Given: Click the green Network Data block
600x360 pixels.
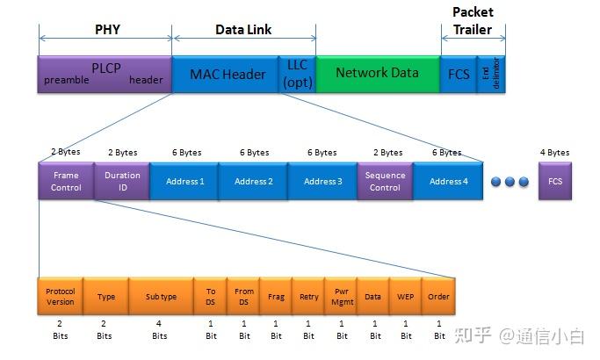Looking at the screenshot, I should click(377, 74).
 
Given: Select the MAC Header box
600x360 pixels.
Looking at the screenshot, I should click(226, 74).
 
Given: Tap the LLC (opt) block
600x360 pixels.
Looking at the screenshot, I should click(296, 74).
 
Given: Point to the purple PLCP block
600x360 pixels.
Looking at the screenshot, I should click(105, 74).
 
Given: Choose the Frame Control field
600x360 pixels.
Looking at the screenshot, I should click(66, 181).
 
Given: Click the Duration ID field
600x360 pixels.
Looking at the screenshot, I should click(122, 181).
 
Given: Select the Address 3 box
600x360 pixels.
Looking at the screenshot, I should click(322, 181).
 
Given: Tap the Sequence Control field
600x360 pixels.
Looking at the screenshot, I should click(385, 181).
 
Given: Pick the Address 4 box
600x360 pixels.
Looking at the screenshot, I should click(448, 181).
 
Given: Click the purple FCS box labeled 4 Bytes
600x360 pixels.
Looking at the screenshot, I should click(554, 181).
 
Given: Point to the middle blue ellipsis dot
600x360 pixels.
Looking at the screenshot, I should click(509, 182).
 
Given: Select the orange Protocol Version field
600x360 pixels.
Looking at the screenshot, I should click(61, 297).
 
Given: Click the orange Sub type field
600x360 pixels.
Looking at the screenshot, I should click(161, 297).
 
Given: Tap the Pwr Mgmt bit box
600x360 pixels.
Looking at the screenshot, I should click(341, 297).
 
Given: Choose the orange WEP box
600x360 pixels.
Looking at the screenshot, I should click(405, 297).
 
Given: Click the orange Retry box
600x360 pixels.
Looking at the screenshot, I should click(308, 297).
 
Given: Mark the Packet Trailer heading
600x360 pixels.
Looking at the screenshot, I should click(473, 20).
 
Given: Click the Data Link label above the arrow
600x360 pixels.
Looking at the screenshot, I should click(243, 29).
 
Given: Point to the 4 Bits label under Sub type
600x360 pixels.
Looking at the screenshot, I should click(160, 329).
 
